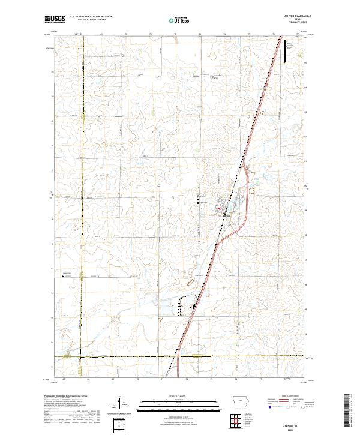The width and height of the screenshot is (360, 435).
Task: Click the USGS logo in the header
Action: (x=55, y=20)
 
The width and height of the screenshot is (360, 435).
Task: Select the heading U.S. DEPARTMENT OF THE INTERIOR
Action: (x=91, y=16)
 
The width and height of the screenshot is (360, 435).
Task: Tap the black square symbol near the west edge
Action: (x=64, y=277)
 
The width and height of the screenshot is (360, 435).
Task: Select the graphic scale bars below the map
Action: (x=180, y=404)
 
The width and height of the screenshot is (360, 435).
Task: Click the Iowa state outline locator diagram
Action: (x=239, y=401)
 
